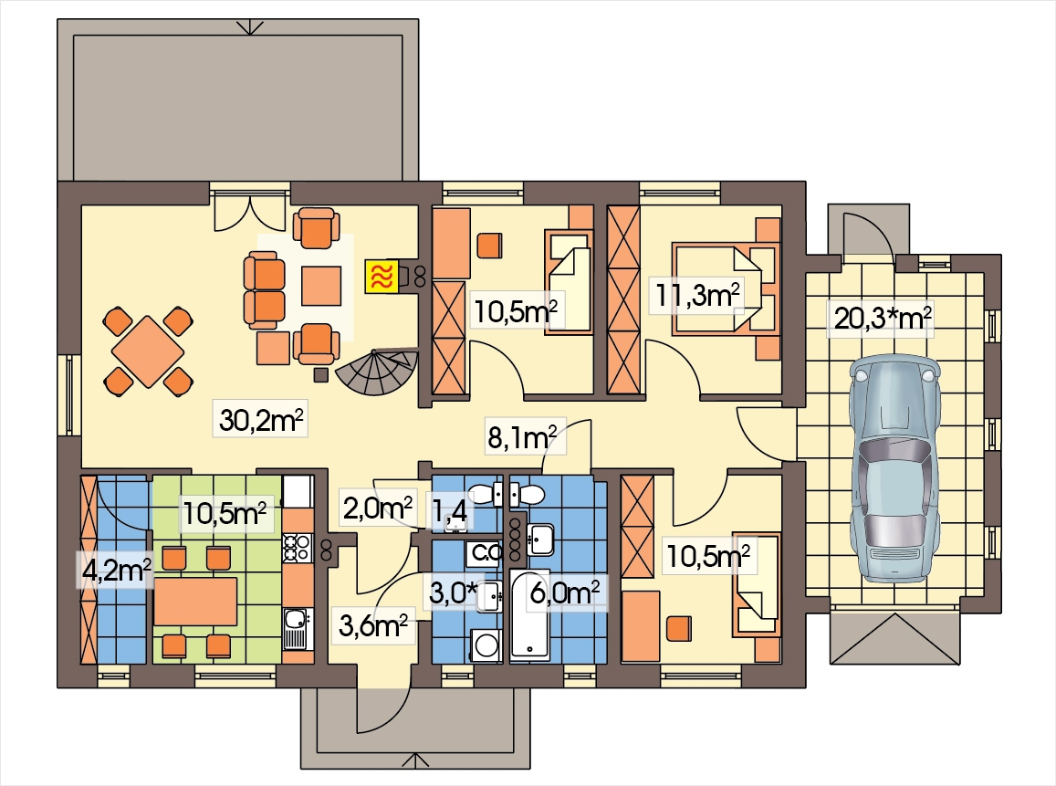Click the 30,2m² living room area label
click(x=261, y=420)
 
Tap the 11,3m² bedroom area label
click(x=697, y=295)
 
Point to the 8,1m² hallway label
click(x=522, y=438)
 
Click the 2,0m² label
click(x=377, y=508)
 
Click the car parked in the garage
click(x=894, y=469)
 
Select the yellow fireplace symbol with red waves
click(x=382, y=276)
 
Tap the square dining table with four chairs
click(x=148, y=351)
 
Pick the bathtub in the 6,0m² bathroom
click(x=530, y=613)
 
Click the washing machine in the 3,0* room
click(x=486, y=646)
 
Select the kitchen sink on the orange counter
click(x=296, y=628)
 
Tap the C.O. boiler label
click(x=485, y=553)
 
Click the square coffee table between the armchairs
click(x=321, y=287)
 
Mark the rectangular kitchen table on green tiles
click(x=195, y=601)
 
